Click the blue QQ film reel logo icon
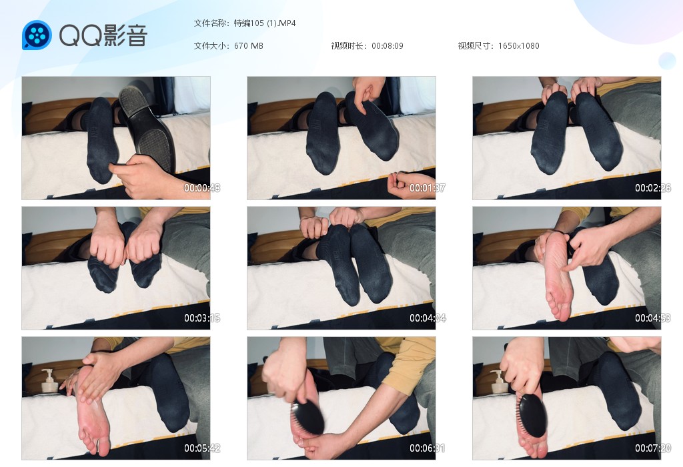point(37,35)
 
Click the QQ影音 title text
point(103,35)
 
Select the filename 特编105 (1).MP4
point(265,23)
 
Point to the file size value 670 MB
point(248,46)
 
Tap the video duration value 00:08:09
point(388,46)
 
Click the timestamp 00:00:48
point(201,187)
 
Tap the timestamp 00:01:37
point(428,187)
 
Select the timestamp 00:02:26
point(652,187)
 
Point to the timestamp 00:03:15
point(201,318)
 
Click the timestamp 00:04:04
point(428,318)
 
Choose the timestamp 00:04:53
point(652,318)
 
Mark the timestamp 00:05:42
point(201,448)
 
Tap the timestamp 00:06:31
point(428,448)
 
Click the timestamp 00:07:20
point(652,448)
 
